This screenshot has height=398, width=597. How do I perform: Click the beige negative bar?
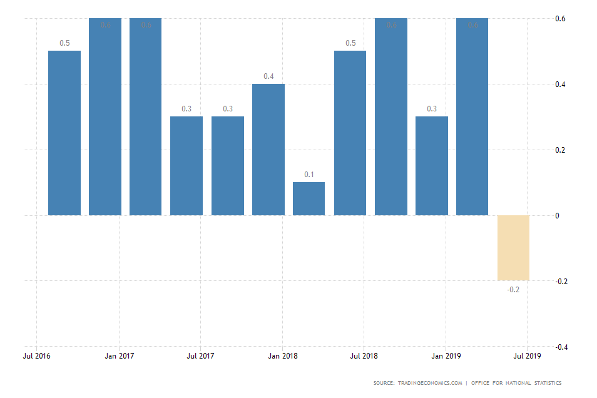point(513,248)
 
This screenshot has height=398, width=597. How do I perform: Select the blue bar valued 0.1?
point(309,199)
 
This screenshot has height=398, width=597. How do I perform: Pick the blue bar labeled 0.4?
point(268,150)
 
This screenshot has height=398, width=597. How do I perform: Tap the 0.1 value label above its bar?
point(309,174)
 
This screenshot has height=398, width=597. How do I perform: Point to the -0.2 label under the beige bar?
point(513,289)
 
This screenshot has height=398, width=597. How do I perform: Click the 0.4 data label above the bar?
point(268,76)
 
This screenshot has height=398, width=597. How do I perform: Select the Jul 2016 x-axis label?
point(37,356)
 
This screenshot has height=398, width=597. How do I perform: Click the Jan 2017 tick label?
point(119,356)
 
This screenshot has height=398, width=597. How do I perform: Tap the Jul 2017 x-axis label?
point(200,356)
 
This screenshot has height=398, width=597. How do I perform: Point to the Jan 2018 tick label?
point(282,356)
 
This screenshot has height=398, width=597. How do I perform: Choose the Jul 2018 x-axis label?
point(364,356)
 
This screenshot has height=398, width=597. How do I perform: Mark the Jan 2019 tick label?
point(446,356)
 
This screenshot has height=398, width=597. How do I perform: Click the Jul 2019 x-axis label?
point(527,356)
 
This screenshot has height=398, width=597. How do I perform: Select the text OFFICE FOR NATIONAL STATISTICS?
point(518,383)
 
